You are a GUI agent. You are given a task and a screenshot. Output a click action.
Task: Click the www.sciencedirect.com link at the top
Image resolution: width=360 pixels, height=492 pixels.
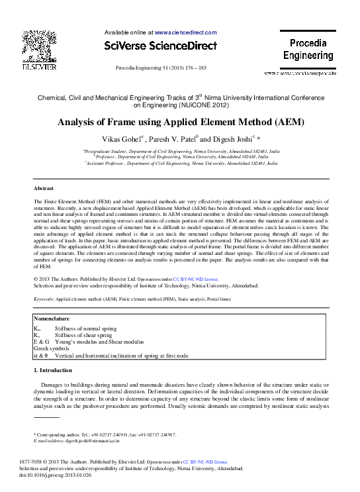click(x=185, y=32)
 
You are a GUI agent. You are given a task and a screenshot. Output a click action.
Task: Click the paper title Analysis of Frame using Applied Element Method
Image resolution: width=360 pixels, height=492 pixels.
click(x=180, y=123)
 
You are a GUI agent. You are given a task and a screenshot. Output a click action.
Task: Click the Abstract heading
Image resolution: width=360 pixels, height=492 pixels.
click(x=43, y=189)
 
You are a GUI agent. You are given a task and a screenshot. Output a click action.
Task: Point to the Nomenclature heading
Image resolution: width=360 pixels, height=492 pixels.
click(x=52, y=319)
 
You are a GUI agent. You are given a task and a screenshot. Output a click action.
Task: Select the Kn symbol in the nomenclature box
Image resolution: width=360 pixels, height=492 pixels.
click(x=37, y=328)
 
